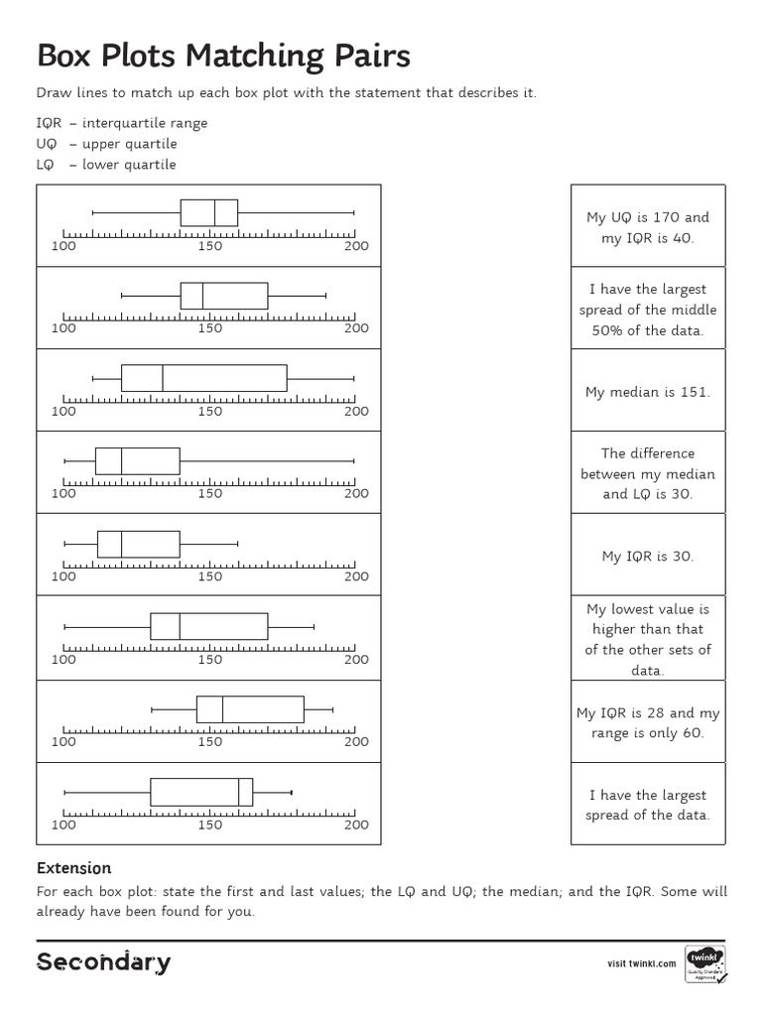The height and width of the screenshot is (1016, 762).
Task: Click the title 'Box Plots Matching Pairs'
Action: point(223,56)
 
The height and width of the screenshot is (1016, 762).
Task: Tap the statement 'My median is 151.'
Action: point(648,392)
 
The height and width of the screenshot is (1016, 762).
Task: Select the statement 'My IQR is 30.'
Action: point(648,557)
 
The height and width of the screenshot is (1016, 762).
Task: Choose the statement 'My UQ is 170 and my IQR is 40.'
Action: point(648,227)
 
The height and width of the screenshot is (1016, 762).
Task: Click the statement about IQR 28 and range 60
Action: point(648,722)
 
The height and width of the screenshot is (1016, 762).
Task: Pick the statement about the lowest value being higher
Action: point(648,639)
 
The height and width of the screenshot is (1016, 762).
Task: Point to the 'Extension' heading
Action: point(73,868)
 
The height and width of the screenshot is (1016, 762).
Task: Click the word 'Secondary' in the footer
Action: point(103,962)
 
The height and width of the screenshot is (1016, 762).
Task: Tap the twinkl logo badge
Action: point(704,962)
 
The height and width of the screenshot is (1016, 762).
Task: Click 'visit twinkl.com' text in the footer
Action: point(641,963)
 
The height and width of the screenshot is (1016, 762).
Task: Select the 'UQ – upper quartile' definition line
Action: point(106,144)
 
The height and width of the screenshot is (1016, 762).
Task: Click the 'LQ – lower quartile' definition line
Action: point(106,165)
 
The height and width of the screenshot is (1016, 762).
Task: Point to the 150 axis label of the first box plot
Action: point(209,246)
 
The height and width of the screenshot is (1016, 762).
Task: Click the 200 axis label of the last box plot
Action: point(356,825)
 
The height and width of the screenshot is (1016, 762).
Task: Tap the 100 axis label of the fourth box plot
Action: point(63,493)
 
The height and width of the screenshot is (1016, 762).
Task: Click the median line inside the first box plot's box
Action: point(215,212)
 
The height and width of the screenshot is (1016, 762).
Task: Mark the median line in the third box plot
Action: point(163,378)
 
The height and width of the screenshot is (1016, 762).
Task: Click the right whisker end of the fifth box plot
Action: point(238,544)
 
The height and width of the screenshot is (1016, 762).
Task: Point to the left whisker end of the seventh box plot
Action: point(151,709)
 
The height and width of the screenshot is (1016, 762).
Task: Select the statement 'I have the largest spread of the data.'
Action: point(648,805)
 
